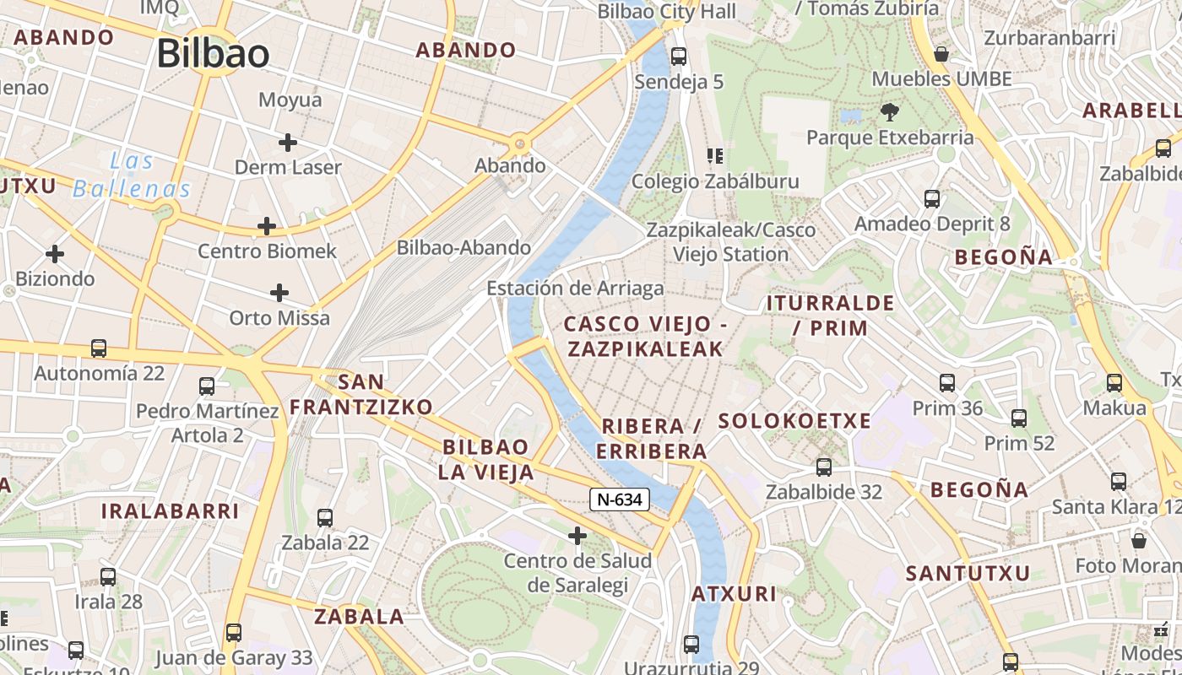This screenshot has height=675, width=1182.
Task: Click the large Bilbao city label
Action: pyautogui.click(x=213, y=53)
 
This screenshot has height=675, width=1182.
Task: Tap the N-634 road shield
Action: pyautogui.click(x=620, y=499)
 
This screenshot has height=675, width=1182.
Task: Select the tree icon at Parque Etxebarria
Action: pyautogui.click(x=889, y=111)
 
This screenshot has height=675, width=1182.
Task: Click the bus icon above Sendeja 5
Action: pyautogui.click(x=678, y=57)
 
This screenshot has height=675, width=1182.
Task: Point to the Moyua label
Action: pyautogui.click(x=290, y=100)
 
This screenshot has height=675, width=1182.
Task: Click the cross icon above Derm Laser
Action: pyautogui.click(x=287, y=142)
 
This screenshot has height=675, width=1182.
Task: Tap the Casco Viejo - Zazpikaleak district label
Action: pyautogui.click(x=645, y=336)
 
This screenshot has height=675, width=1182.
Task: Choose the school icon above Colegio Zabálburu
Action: pyautogui.click(x=715, y=156)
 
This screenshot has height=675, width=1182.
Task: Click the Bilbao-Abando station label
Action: pyautogui.click(x=464, y=247)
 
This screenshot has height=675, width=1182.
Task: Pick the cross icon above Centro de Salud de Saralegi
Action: pyautogui.click(x=577, y=535)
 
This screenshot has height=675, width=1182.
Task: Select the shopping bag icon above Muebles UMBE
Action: pyautogui.click(x=941, y=54)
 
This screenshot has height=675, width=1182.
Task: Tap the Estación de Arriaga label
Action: pyautogui.click(x=575, y=289)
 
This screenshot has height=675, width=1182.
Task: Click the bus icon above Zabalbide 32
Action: pyautogui.click(x=823, y=467)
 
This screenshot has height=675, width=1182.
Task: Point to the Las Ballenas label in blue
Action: pyautogui.click(x=132, y=175)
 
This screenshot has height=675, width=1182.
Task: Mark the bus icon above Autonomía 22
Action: pyautogui.click(x=99, y=348)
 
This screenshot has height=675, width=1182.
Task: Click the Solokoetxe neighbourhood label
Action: pyautogui.click(x=794, y=421)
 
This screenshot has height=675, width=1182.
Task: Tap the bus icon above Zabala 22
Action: pyautogui.click(x=325, y=517)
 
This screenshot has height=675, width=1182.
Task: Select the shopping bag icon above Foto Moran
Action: pyautogui.click(x=1138, y=540)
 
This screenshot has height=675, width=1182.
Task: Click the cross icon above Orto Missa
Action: pyautogui.click(x=279, y=293)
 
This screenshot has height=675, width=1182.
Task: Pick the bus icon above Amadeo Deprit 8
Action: pyautogui.click(x=932, y=199)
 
